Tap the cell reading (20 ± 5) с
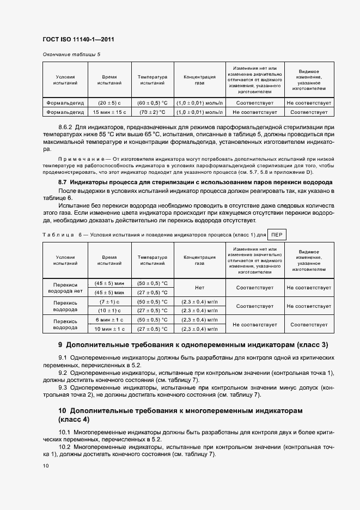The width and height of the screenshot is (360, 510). point(109,102)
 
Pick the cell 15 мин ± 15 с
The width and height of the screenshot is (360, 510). point(109,112)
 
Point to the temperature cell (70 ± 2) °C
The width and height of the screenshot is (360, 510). point(152,112)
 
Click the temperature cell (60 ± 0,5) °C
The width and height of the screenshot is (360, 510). point(152,102)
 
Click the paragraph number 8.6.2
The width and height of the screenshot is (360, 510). point(66,126)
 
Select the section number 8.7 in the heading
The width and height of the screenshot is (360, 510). point(63,181)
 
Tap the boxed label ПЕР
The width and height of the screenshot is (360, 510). point(277,234)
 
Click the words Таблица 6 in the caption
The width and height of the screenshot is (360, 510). point(60,235)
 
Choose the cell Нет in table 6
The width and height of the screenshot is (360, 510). point(199,288)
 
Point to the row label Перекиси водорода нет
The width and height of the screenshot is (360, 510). point(65,288)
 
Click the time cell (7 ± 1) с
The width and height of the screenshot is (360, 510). point(109,301)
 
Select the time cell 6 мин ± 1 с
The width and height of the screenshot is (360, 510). point(109,319)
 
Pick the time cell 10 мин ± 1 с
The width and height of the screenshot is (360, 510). point(109,329)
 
